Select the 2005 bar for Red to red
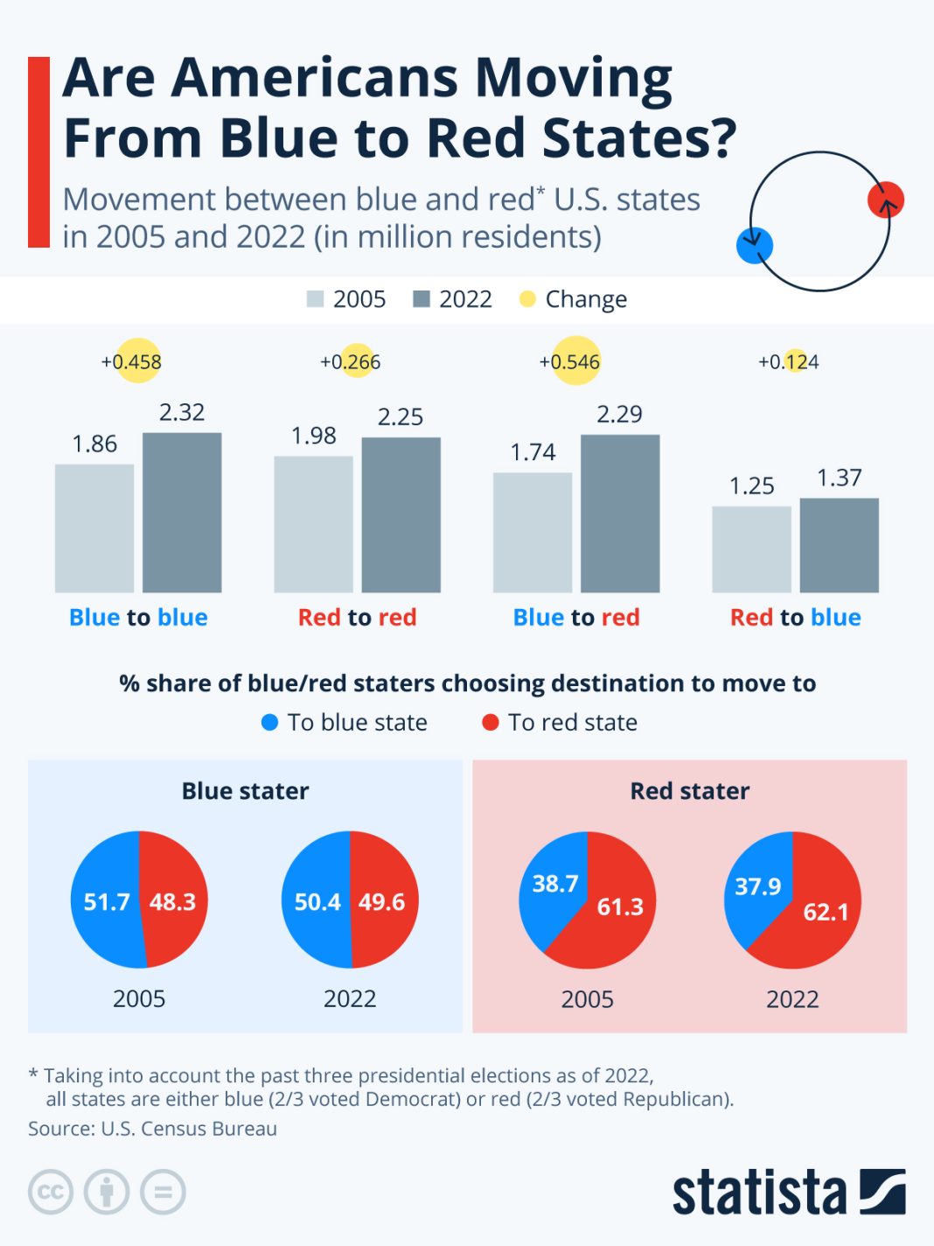[313, 524]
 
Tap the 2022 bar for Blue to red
[620, 514]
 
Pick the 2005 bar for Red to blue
[751, 549]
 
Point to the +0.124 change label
[789, 361]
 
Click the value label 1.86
[94, 444]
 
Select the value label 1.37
[840, 478]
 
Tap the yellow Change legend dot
[527, 299]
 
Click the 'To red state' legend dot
[491, 722]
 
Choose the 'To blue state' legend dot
[270, 722]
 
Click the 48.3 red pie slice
[174, 901]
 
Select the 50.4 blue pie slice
[316, 901]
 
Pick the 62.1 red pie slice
[818, 914]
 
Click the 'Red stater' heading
[690, 791]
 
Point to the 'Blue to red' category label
[576, 618]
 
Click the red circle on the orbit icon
[885, 199]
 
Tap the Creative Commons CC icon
[50, 1192]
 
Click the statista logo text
[759, 1192]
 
